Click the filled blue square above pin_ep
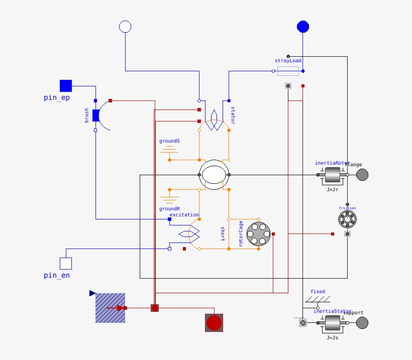click(66, 86)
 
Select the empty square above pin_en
click(66, 264)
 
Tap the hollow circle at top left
click(125, 27)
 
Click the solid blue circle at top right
click(303, 27)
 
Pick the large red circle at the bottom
click(214, 322)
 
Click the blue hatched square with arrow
click(111, 308)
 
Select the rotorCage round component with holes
click(259, 234)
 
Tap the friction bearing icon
click(347, 219)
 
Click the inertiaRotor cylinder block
click(333, 175)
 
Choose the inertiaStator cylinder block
click(333, 323)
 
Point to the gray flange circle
click(362, 175)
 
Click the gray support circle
click(362, 323)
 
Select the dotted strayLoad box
click(288, 71)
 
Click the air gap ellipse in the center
click(214, 175)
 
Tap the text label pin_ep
click(57, 98)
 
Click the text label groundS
click(169, 141)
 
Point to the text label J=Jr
click(333, 190)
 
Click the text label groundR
click(169, 208)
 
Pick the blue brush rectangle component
click(96, 115)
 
